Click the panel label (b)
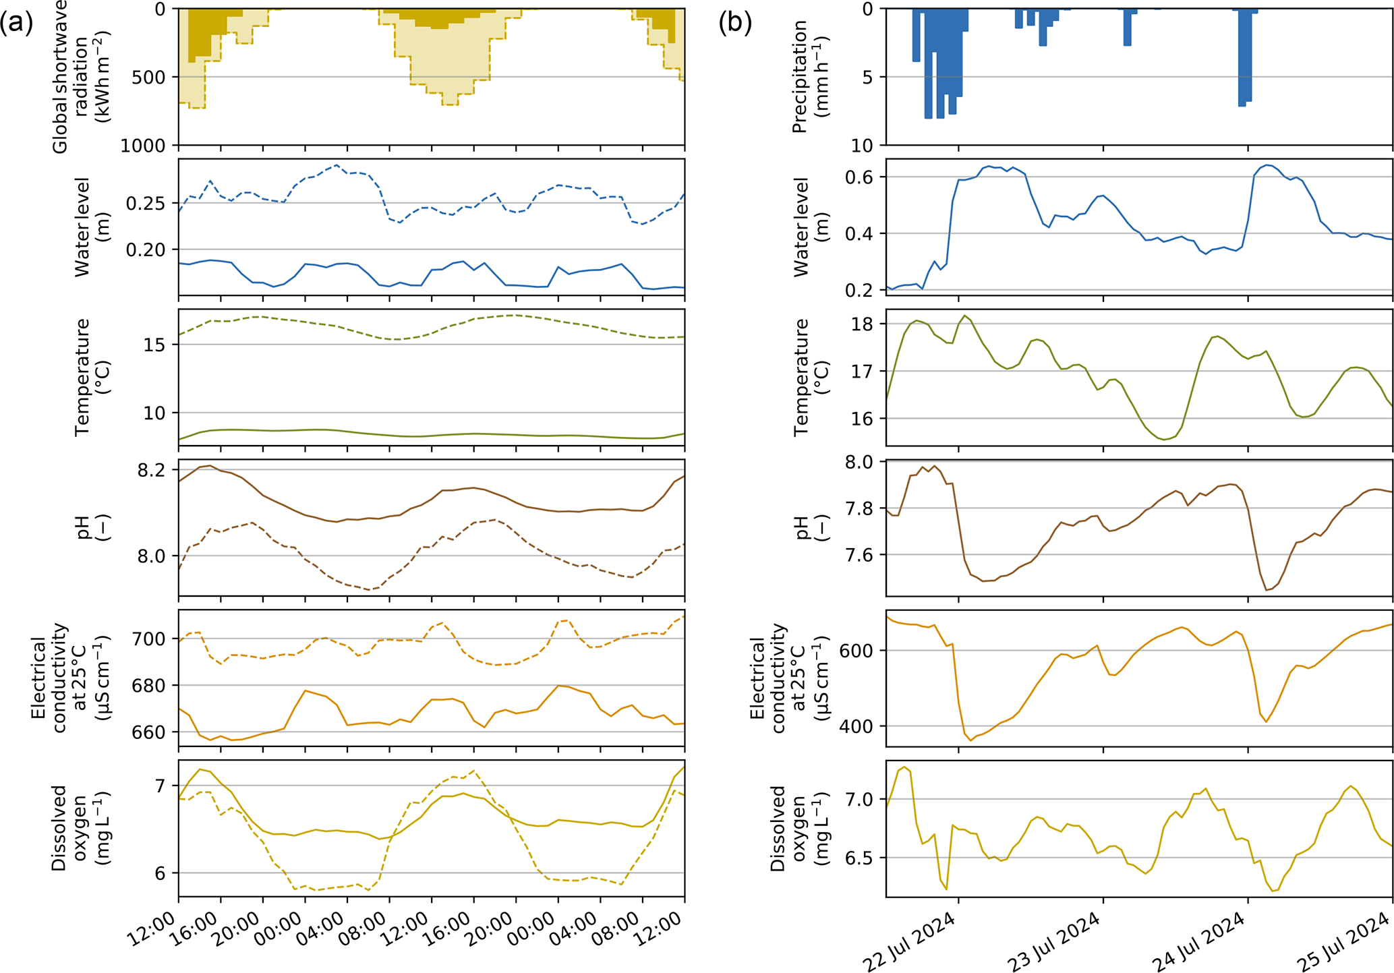[735, 24]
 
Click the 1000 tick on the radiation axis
[144, 146]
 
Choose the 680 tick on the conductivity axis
[148, 686]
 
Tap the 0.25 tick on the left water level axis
[146, 204]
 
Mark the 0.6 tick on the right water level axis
[860, 177]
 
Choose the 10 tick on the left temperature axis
[154, 413]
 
